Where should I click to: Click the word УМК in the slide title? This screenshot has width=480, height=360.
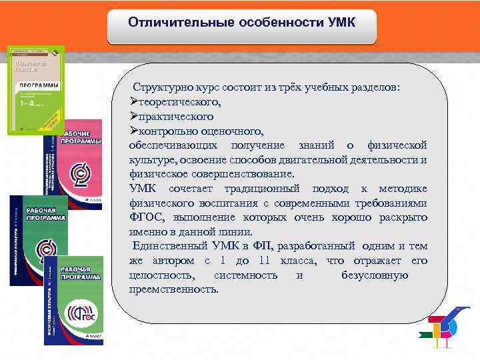tap(341, 23)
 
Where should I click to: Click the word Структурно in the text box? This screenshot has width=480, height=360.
tap(162, 89)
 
